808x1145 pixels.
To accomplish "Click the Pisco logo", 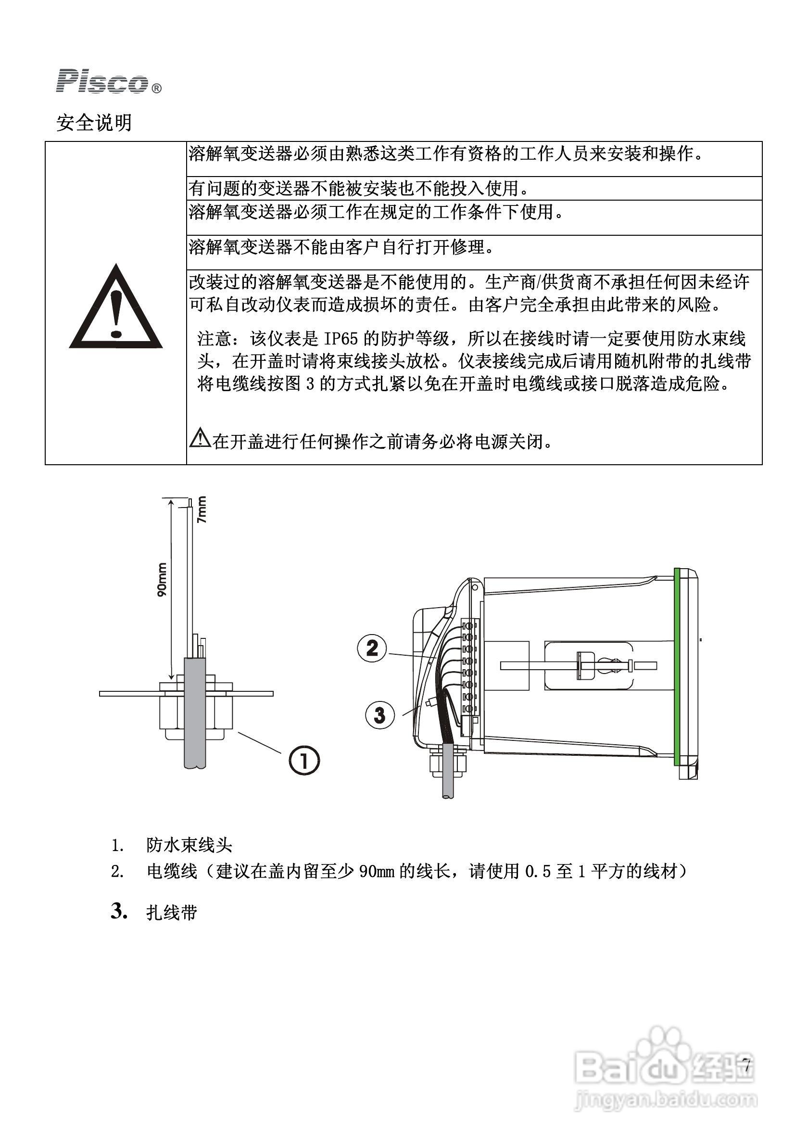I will [x=108, y=82].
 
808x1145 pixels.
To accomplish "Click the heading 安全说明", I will [x=94, y=123].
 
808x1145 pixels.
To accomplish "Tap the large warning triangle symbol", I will [x=115, y=308].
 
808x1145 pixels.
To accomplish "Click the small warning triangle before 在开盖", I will [x=200, y=437].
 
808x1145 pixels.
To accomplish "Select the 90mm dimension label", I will [x=162, y=580].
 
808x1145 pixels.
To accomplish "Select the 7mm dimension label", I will [x=202, y=509].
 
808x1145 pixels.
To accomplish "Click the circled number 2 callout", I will [x=372, y=648].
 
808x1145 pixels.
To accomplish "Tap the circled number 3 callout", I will [x=380, y=715].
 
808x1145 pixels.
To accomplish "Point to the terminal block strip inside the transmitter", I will [x=468, y=668].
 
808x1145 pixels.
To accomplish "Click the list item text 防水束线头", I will [x=189, y=845].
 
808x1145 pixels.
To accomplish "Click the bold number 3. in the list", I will [x=119, y=911].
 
